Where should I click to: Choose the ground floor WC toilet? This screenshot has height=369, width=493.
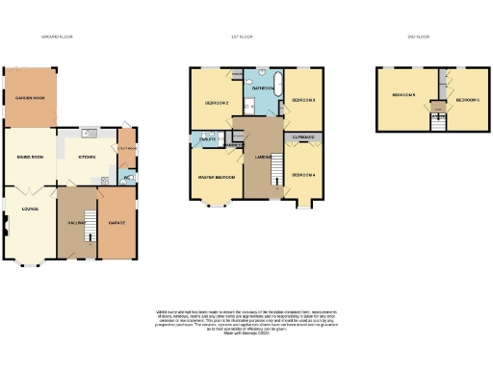130,179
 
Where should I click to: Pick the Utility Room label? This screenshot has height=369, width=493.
127,149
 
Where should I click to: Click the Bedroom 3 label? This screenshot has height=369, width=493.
304,99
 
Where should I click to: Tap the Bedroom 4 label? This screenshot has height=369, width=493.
303,175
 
